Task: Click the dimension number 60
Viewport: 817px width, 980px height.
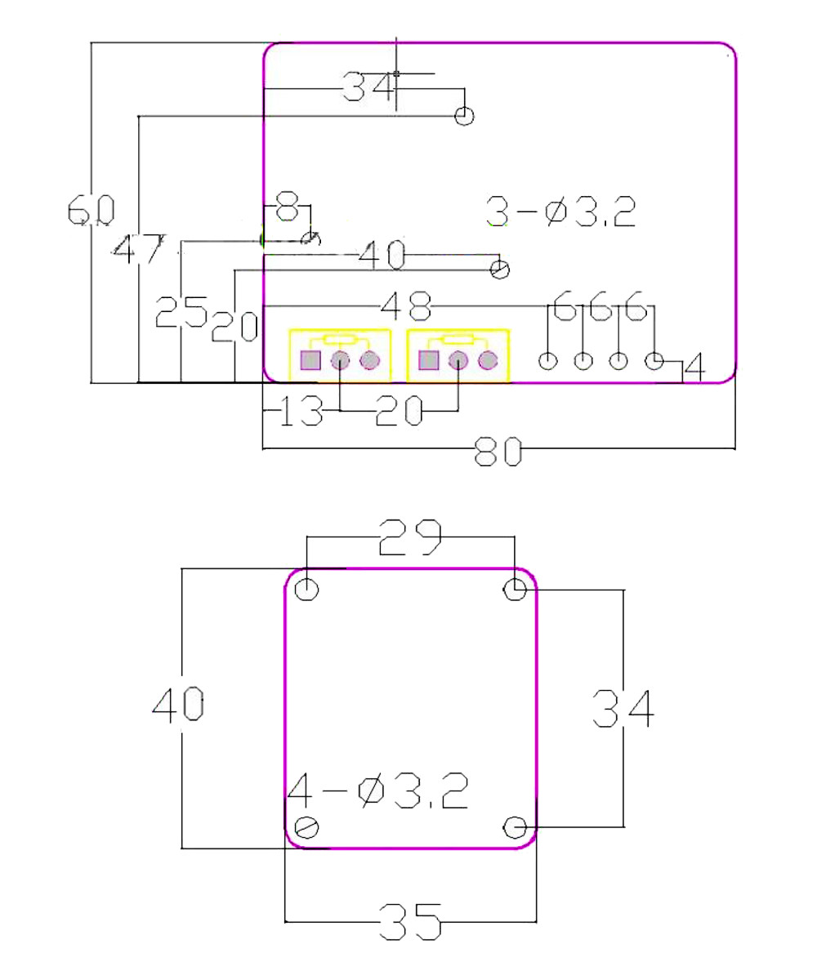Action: click(x=90, y=211)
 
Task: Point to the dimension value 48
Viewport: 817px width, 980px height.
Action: click(x=406, y=307)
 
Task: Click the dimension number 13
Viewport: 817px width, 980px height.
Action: click(x=301, y=412)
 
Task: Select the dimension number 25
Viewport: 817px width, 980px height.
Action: click(x=181, y=311)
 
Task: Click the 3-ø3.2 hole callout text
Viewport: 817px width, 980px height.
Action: click(x=560, y=212)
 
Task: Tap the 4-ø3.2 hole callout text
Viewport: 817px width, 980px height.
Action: click(x=377, y=793)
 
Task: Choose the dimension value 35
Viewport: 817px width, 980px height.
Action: click(x=410, y=923)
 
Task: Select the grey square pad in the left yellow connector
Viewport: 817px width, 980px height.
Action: click(x=310, y=360)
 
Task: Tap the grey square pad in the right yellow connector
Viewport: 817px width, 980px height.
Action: click(x=427, y=360)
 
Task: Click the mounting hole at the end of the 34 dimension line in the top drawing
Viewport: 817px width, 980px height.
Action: click(x=464, y=116)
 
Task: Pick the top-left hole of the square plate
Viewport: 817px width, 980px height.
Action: click(x=307, y=589)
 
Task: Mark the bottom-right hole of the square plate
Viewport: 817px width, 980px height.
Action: click(x=514, y=828)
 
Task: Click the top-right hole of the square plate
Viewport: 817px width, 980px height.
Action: click(x=514, y=589)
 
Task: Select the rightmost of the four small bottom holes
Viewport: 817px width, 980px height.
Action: click(x=654, y=360)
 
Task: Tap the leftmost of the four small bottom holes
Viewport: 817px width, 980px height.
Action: click(x=548, y=360)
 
